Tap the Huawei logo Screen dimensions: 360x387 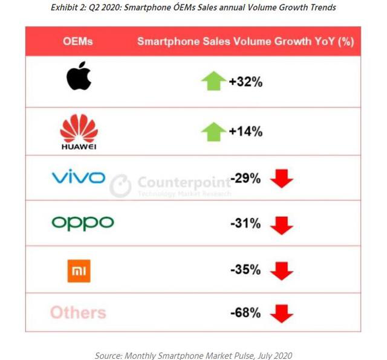click(79, 131)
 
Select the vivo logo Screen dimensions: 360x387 click(79, 178)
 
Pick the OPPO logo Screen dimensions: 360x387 click(83, 223)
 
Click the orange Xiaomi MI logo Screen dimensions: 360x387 click(79, 271)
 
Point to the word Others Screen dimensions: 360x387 click(78, 312)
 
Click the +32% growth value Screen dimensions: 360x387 click(246, 82)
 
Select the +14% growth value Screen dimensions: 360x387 click(246, 131)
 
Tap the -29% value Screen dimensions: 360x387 click(246, 178)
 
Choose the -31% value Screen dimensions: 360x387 click(246, 224)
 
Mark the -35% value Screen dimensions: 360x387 click(246, 270)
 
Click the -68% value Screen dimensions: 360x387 click(246, 313)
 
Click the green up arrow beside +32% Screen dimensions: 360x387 click(213, 81)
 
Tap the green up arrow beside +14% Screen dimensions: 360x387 click(213, 131)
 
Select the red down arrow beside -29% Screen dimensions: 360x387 click(281, 179)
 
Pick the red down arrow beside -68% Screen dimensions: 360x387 click(281, 313)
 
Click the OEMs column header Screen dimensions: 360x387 click(78, 42)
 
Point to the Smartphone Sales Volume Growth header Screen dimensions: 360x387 click(246, 42)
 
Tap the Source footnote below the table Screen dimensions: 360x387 click(193, 355)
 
